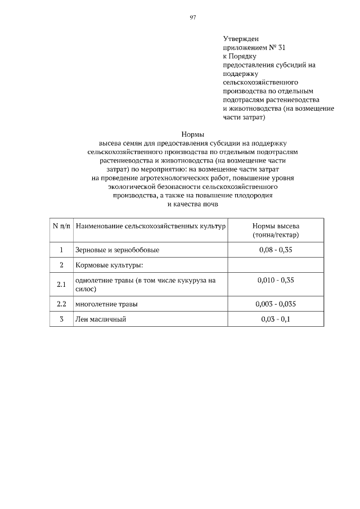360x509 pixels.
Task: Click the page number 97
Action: pos(192,18)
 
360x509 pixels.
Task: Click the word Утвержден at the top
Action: pos(240,38)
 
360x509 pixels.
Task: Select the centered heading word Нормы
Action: pos(192,134)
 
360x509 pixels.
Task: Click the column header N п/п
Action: pos(61,226)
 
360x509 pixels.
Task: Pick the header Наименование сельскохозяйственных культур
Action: pos(150,226)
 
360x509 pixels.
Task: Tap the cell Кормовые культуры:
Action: pos(109,264)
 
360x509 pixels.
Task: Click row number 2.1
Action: pos(61,285)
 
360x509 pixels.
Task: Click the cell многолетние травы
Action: pos(106,304)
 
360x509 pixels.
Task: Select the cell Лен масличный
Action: pos(100,319)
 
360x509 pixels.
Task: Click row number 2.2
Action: pos(61,304)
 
